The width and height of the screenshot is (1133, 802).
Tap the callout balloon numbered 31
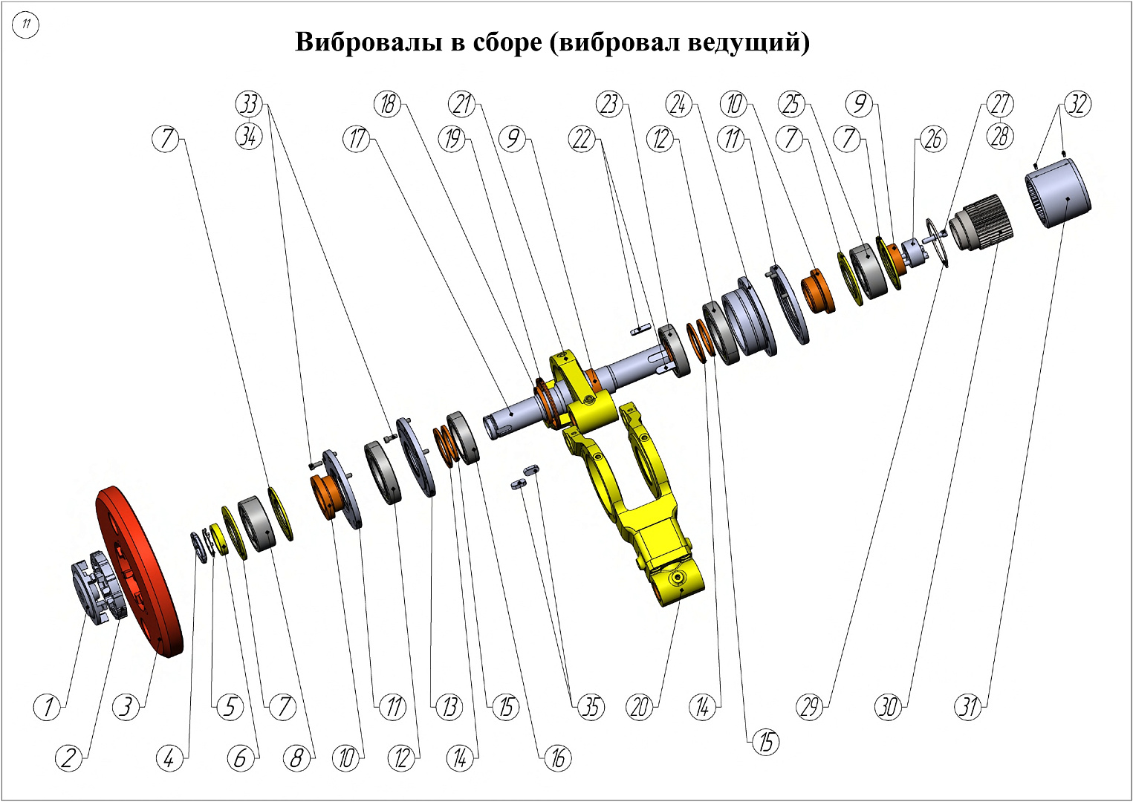click(x=968, y=706)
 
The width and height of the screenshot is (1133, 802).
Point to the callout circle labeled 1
click(x=48, y=706)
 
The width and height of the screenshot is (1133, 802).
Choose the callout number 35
click(x=591, y=706)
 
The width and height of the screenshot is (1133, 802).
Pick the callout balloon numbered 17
click(x=357, y=138)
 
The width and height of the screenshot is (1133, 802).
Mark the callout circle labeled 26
click(x=933, y=138)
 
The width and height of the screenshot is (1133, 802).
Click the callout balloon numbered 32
click(x=1077, y=104)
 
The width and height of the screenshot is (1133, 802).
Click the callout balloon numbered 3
click(x=126, y=706)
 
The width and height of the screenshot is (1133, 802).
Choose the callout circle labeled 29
click(x=811, y=706)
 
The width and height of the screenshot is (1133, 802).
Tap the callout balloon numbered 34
click(x=249, y=136)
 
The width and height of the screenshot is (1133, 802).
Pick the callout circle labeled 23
click(x=609, y=104)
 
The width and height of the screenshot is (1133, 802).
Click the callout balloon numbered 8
click(x=296, y=758)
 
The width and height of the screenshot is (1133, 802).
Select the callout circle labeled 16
click(x=557, y=758)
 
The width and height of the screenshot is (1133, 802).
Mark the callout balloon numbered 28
click(x=1000, y=136)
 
